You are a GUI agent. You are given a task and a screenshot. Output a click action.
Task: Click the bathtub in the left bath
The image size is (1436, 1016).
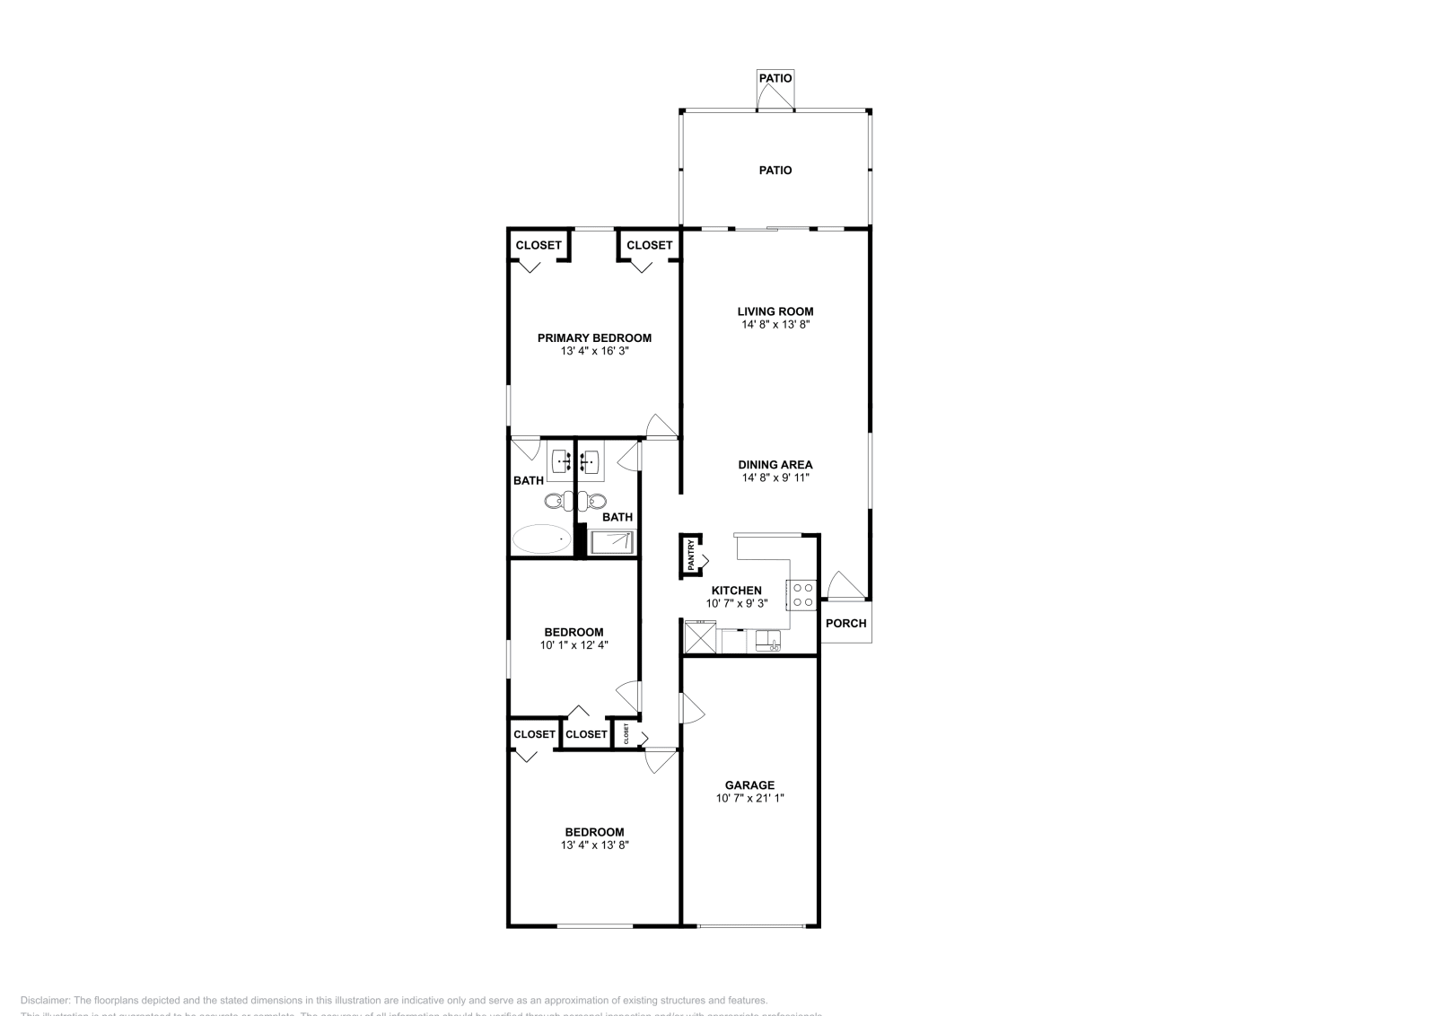[x=542, y=539]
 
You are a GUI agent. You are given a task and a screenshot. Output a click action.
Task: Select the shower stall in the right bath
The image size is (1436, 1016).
[x=611, y=541]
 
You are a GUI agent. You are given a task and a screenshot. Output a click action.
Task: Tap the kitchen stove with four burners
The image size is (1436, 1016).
[x=801, y=594]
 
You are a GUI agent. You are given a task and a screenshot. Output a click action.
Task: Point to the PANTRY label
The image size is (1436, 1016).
[x=691, y=555]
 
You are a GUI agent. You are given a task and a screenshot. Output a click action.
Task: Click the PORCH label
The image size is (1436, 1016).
[x=845, y=623]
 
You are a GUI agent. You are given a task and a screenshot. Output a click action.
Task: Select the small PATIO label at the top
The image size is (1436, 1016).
[x=775, y=78]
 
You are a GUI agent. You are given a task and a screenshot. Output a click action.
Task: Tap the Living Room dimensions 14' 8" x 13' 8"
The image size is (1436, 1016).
[x=775, y=325]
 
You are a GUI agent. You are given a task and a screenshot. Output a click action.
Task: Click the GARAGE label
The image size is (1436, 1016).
[x=749, y=784]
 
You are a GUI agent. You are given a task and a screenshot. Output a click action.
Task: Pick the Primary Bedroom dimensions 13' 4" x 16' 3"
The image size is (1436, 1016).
[x=594, y=351]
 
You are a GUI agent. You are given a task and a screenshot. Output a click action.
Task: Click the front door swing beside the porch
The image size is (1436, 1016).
[x=844, y=585]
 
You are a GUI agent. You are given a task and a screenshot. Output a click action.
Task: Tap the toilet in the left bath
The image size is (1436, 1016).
[x=554, y=500]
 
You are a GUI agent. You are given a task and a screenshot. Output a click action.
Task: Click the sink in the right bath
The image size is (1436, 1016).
[x=590, y=462]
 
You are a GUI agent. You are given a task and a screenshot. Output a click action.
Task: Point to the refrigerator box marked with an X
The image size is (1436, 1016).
[x=700, y=638]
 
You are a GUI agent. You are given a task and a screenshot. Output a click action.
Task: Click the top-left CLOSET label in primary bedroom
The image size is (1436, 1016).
[x=538, y=245]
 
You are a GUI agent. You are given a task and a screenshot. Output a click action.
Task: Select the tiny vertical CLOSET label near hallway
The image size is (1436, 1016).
[x=626, y=733]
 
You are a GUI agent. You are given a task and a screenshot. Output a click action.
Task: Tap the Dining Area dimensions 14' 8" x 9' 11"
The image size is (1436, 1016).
[x=775, y=477]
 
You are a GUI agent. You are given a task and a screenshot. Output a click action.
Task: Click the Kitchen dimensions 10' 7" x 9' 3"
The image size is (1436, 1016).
[x=736, y=603]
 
